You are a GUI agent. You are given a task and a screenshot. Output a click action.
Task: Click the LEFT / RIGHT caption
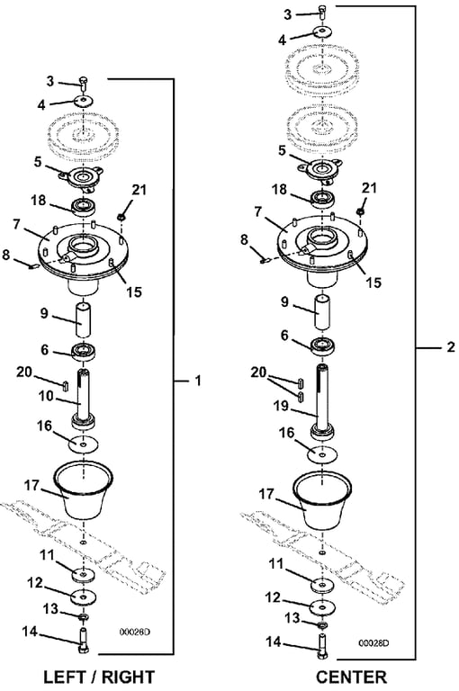click(99, 677)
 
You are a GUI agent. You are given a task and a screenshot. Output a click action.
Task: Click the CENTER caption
click(351, 677)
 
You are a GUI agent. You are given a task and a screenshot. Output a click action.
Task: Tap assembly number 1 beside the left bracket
click(198, 381)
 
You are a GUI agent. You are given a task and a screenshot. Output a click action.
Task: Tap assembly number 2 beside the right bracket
click(450, 347)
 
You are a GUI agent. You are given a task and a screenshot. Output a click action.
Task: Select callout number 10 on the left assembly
click(46, 397)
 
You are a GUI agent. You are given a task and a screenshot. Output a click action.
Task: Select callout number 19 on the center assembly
click(282, 406)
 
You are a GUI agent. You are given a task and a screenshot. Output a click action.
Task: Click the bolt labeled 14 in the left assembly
click(84, 637)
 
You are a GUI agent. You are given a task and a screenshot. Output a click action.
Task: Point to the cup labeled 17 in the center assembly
click(323, 499)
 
